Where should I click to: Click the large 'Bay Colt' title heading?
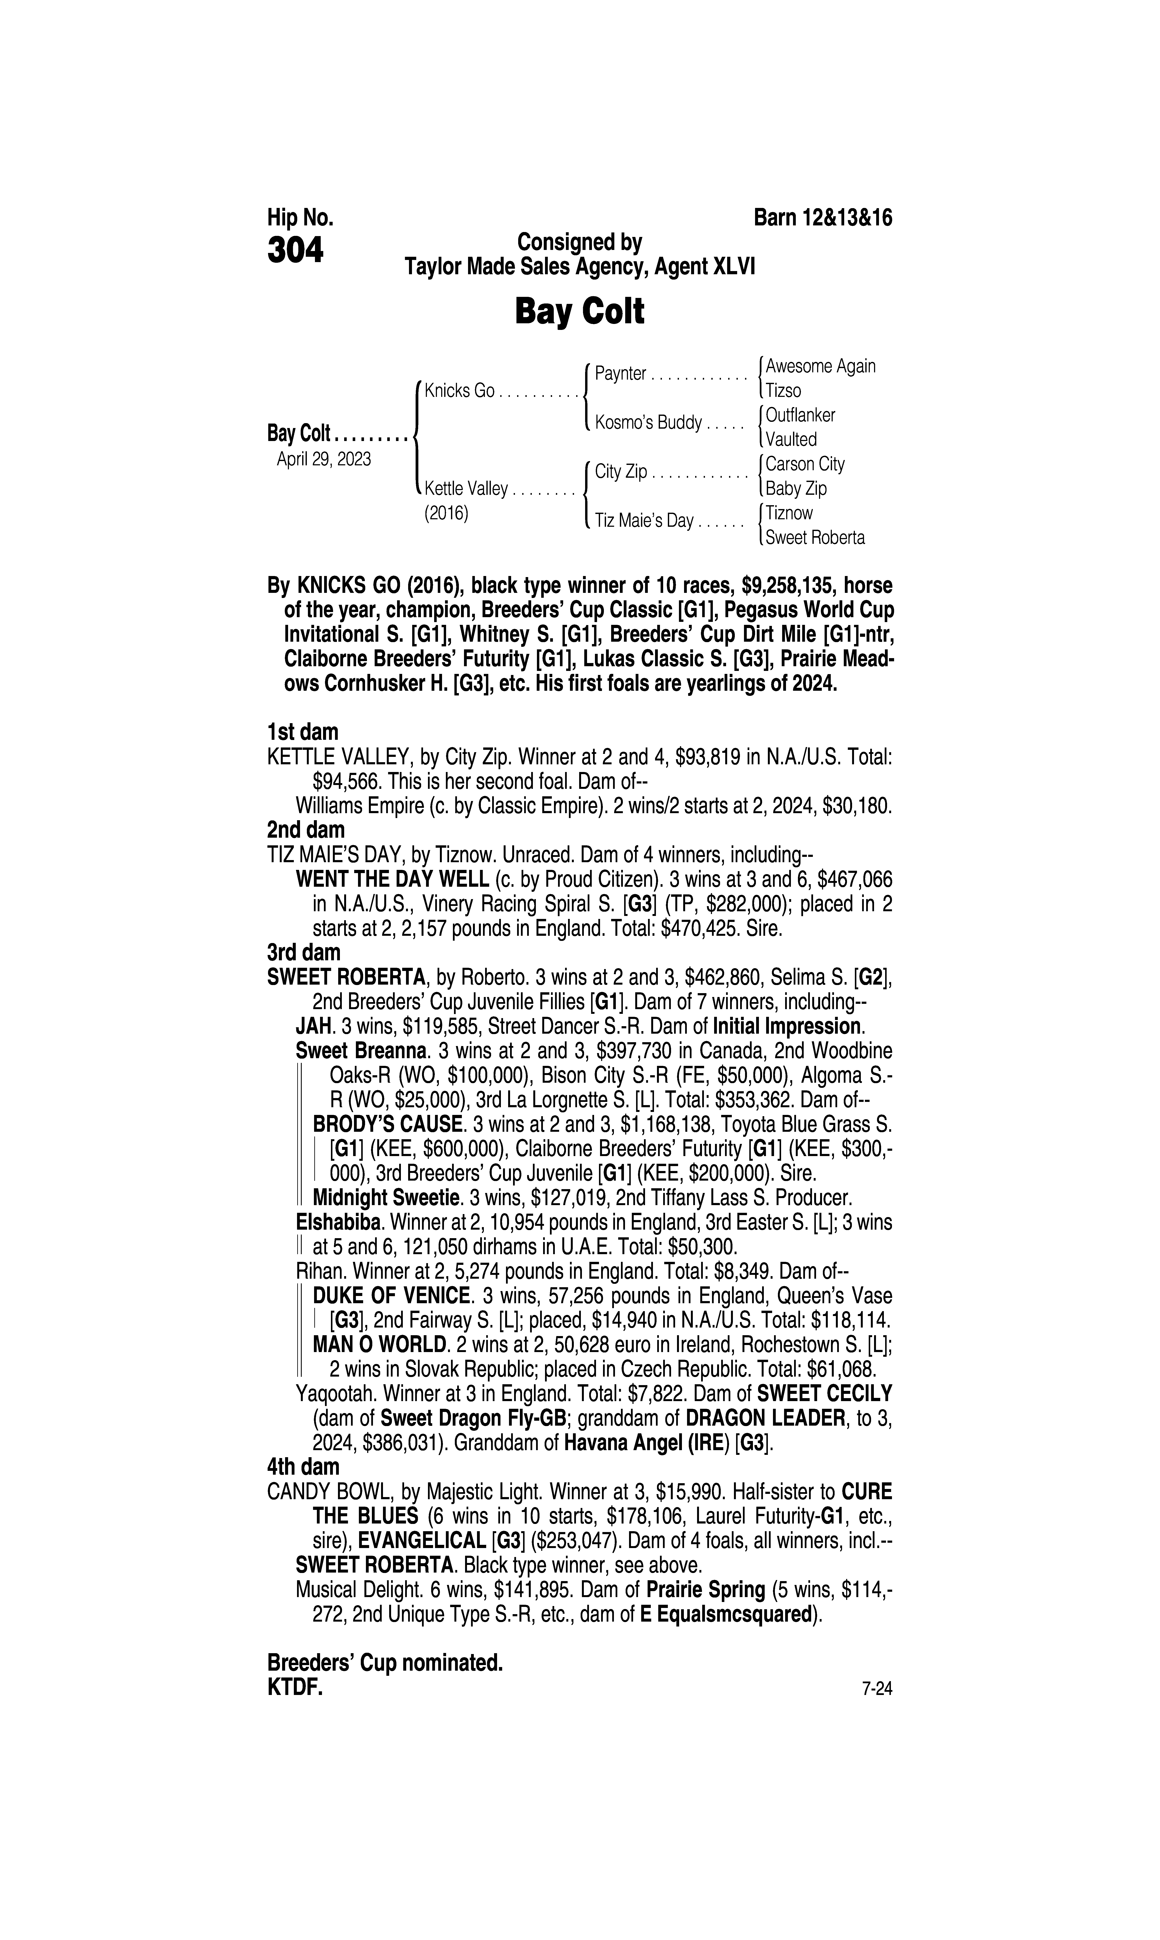579,312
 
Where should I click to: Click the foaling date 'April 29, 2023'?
324,459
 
